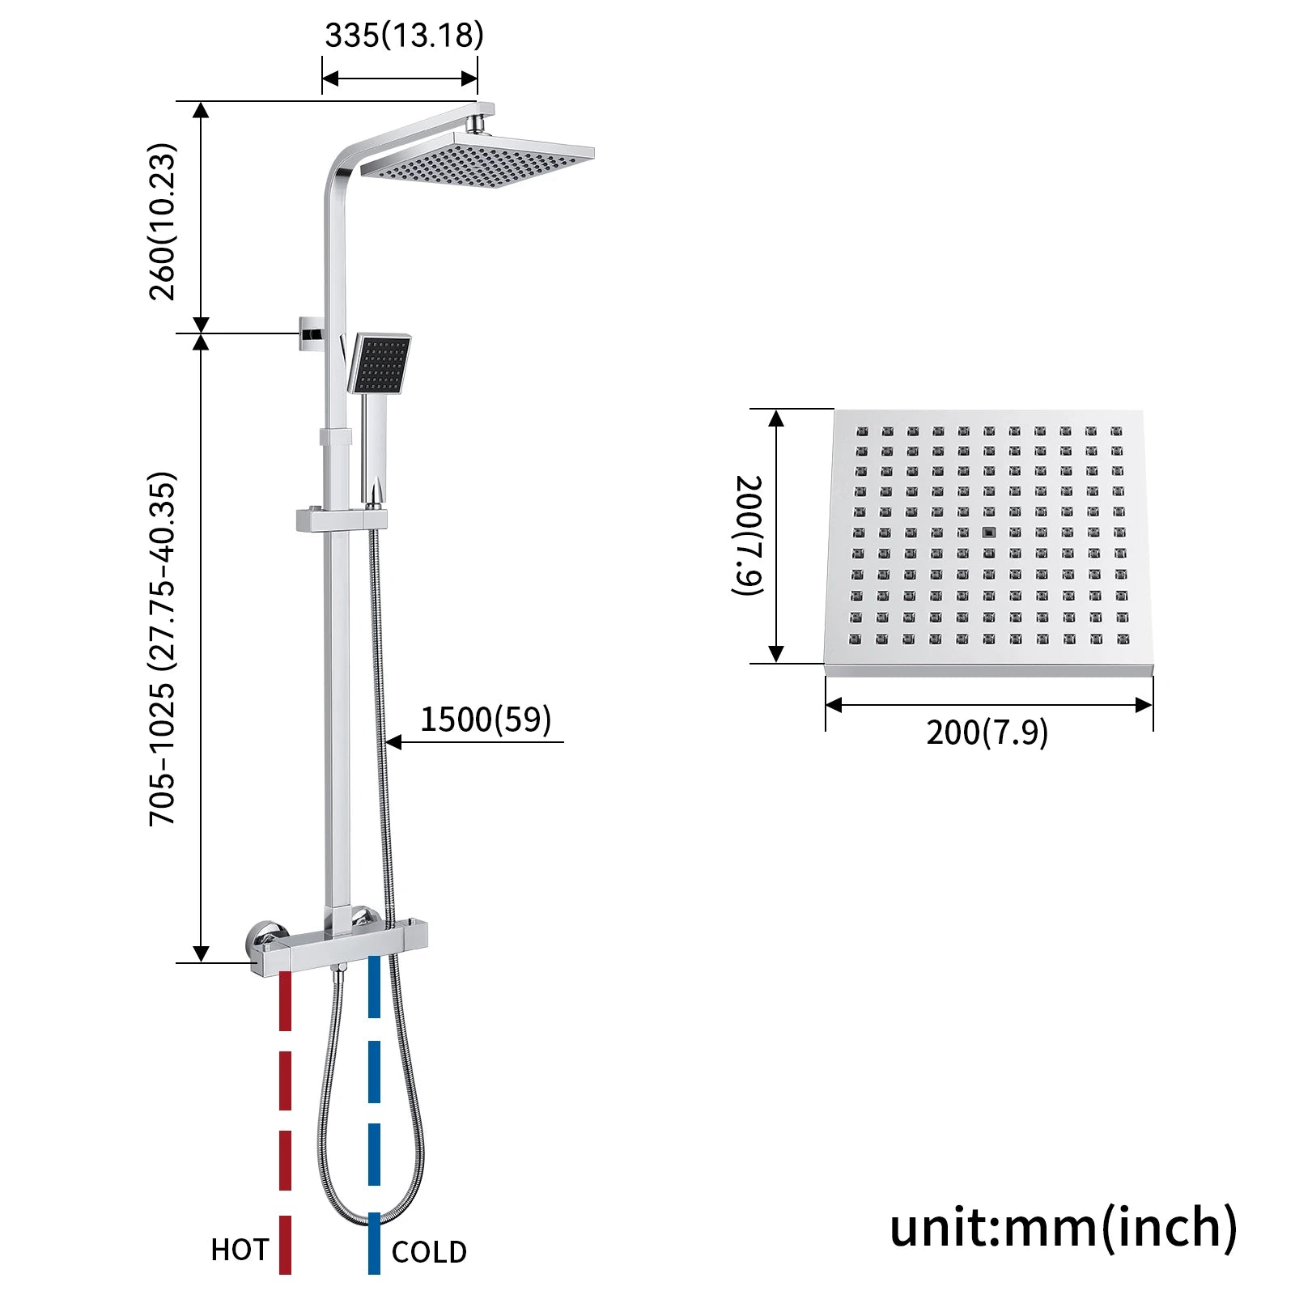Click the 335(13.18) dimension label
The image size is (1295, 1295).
coord(404,36)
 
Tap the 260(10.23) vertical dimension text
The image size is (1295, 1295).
coord(163,222)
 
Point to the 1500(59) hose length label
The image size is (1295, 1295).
coord(486,719)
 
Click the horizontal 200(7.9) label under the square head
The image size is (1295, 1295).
coord(987,732)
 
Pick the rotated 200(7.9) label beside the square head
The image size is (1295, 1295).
coord(748,535)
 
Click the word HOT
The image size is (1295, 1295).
coord(240,1250)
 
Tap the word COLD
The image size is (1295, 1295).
coord(429,1252)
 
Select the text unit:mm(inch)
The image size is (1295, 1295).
coord(1064,1227)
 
